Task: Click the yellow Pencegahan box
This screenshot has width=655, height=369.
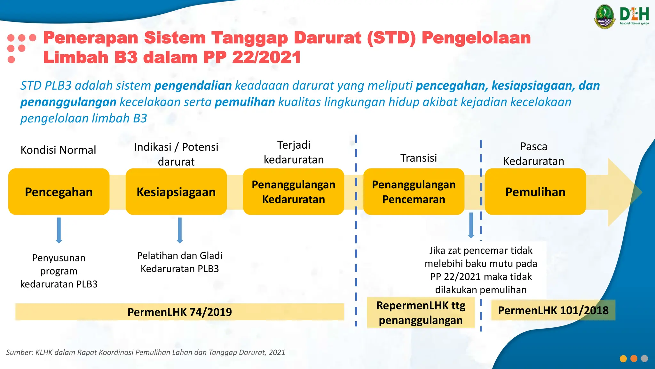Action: tap(59, 192)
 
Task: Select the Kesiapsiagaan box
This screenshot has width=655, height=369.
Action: tap(176, 192)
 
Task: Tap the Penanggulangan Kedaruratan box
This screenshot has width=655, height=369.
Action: tap(293, 192)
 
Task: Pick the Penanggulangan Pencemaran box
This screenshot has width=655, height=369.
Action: tap(414, 192)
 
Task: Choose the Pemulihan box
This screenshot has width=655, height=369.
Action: tap(535, 192)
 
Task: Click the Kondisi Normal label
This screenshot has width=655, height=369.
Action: tap(58, 150)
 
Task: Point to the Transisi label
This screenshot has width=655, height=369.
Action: tap(418, 158)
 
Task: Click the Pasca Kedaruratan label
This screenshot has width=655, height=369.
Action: tap(533, 154)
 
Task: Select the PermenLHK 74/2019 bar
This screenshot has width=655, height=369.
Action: tap(179, 312)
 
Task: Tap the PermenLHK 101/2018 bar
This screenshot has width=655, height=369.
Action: tap(553, 310)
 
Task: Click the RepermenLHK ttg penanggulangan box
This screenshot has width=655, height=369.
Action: tap(421, 313)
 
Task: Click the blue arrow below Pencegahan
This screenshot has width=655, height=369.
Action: tap(59, 230)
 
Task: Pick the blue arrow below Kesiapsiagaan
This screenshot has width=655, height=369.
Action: tap(180, 230)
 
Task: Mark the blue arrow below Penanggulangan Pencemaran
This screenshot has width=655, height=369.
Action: tap(471, 225)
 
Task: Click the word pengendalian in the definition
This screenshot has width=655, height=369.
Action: tap(193, 86)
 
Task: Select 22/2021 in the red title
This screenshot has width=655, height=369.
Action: tap(266, 57)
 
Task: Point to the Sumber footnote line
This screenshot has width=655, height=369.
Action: tap(146, 352)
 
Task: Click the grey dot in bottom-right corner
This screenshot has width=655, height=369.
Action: tap(644, 358)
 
